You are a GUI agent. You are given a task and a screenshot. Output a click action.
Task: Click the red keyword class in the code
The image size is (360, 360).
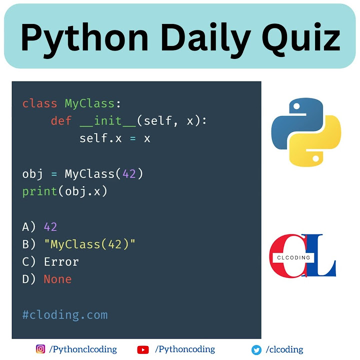39,104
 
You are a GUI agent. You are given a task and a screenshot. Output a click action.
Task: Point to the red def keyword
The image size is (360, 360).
61,121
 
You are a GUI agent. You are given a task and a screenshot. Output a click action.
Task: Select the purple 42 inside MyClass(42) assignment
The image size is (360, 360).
129,174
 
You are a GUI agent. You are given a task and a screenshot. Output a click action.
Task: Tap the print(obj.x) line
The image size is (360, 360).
64,191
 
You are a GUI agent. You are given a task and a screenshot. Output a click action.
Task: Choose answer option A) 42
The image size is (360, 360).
39,226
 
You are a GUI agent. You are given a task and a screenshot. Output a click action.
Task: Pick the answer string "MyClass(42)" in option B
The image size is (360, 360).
89,244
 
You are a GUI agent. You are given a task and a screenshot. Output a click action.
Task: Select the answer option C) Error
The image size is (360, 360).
50,261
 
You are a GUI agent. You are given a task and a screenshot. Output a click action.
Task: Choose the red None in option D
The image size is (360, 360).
57,279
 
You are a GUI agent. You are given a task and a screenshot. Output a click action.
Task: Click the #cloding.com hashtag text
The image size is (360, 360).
64,315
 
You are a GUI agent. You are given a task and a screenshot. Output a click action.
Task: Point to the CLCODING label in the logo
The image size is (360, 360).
293,258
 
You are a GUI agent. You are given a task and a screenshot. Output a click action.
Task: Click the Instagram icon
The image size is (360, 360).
40,349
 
